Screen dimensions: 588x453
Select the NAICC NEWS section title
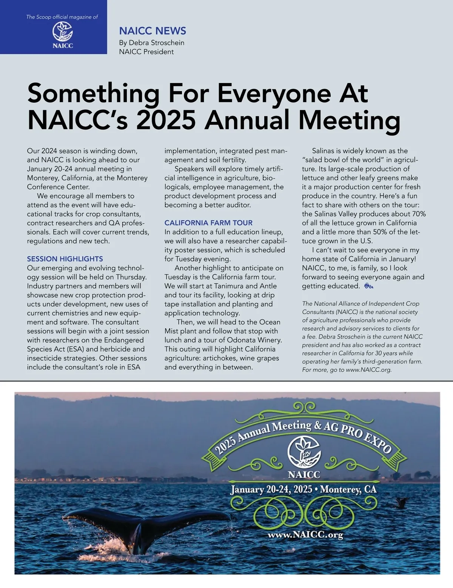[x=153, y=31]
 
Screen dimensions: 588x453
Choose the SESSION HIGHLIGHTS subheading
[x=65, y=259]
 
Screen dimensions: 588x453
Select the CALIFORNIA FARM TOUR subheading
[x=208, y=223]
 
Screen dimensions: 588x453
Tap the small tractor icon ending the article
[x=368, y=286]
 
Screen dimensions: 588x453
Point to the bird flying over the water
[x=401, y=502]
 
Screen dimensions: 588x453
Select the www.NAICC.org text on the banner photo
[x=305, y=535]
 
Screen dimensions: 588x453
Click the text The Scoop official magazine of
[x=62, y=17]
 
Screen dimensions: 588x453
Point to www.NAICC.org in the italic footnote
[x=368, y=370]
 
